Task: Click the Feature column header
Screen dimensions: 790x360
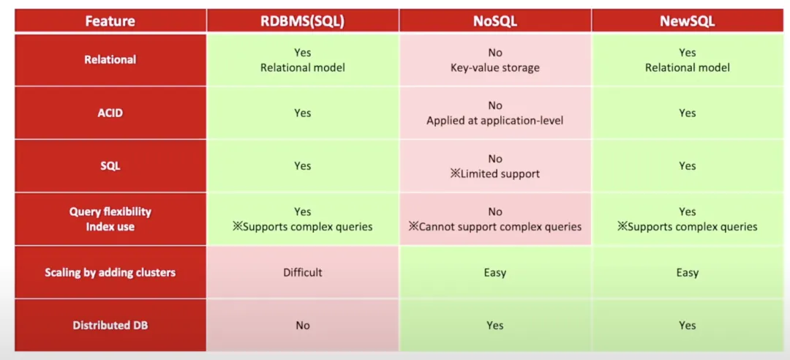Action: [110, 21]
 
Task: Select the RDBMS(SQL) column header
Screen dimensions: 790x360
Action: [302, 21]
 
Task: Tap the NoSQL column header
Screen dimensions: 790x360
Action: [495, 21]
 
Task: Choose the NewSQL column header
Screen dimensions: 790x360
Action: [687, 21]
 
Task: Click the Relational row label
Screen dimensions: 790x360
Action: [110, 59]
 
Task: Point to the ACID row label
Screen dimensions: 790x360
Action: [110, 113]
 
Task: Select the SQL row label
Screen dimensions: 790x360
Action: [110, 166]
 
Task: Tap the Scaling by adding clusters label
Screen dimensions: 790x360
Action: [110, 273]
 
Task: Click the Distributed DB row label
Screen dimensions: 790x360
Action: [110, 326]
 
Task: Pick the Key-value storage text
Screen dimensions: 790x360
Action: [494, 67]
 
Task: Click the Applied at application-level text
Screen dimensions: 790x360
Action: [494, 121]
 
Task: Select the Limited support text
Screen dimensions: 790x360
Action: [494, 174]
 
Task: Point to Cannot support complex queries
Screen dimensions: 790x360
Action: [494, 227]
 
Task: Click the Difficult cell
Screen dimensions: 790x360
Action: [302, 273]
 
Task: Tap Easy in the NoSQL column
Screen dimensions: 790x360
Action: [494, 273]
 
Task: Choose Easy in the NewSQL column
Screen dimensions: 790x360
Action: [687, 273]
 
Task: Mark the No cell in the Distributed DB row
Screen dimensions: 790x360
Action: [302, 326]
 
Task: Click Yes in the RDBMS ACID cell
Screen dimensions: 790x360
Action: [302, 113]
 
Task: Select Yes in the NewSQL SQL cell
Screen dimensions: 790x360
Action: [687, 166]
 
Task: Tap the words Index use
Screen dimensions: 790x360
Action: [110, 227]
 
